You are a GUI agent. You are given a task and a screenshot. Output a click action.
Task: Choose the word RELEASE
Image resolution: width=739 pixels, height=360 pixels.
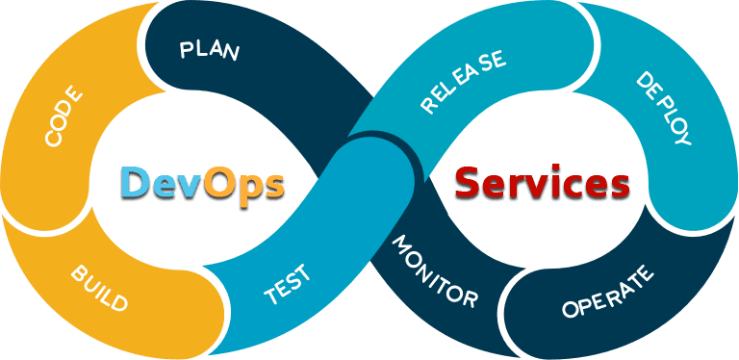tap(463, 83)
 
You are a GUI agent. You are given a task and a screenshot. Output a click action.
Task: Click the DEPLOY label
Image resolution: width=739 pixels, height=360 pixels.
tap(664, 109)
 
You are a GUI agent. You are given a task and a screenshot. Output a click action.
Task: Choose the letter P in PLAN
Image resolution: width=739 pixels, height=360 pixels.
tap(188, 49)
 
